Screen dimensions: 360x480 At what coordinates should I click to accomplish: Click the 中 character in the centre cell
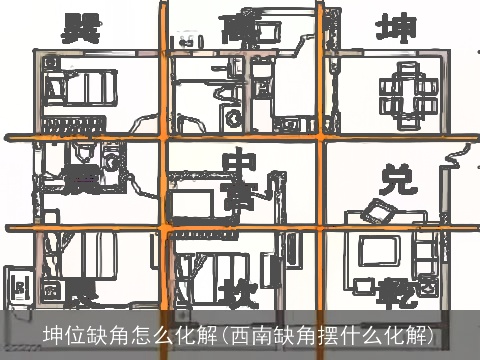point(240,163)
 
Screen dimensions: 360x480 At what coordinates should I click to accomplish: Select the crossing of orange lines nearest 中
point(164,134)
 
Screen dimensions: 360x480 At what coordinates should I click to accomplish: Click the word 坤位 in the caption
point(63,333)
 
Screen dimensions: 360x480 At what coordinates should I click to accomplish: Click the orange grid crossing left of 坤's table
point(322,134)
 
